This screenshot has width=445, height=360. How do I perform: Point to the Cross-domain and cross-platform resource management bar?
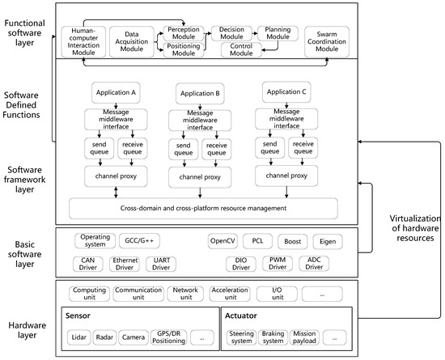tap(204, 208)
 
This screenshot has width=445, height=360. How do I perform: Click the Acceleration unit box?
tap(234, 292)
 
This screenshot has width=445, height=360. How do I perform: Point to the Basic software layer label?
tap(28, 250)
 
